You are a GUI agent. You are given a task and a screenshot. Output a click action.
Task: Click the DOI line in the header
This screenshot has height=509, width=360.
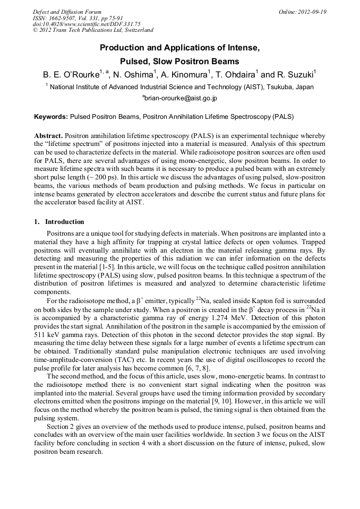(87, 24)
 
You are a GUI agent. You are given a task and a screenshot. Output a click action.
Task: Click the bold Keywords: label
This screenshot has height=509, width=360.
(51, 116)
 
